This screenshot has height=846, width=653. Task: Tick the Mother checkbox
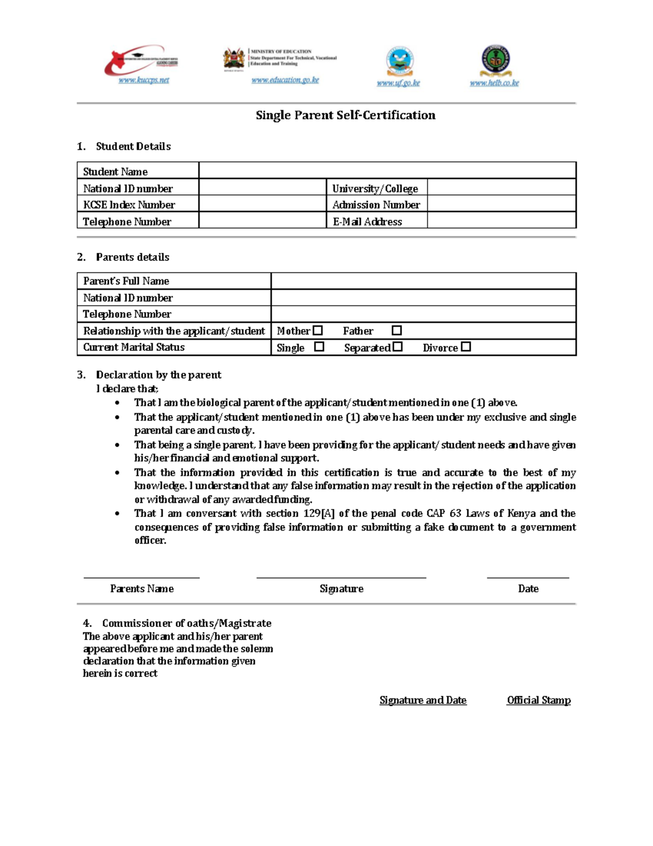coord(318,330)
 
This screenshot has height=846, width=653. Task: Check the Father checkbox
coord(397,330)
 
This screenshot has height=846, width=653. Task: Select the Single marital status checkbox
coord(319,346)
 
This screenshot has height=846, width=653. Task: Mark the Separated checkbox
coord(398,346)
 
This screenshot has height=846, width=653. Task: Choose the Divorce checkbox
coord(466,346)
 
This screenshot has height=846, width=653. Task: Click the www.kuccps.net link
coord(144,80)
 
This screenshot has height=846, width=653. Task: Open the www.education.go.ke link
coord(285,80)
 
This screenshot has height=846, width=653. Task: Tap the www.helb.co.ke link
coord(494,83)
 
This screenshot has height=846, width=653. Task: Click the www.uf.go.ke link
coord(398,83)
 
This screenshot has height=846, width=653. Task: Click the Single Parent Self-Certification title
coord(346,115)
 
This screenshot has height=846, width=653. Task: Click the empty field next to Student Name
coord(387,171)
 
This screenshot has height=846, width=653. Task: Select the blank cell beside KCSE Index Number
coord(262,204)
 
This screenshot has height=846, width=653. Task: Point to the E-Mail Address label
coord(367,221)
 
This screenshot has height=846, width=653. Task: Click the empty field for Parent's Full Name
coord(423,281)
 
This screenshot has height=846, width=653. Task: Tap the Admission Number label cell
coord(376,204)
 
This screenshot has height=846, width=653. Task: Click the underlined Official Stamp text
coord(539,700)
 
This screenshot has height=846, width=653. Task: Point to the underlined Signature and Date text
coord(423,700)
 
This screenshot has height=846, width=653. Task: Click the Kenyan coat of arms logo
coord(234,59)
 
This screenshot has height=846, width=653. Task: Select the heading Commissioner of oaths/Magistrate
coord(187,623)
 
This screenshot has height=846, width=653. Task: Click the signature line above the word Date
coord(528,577)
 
